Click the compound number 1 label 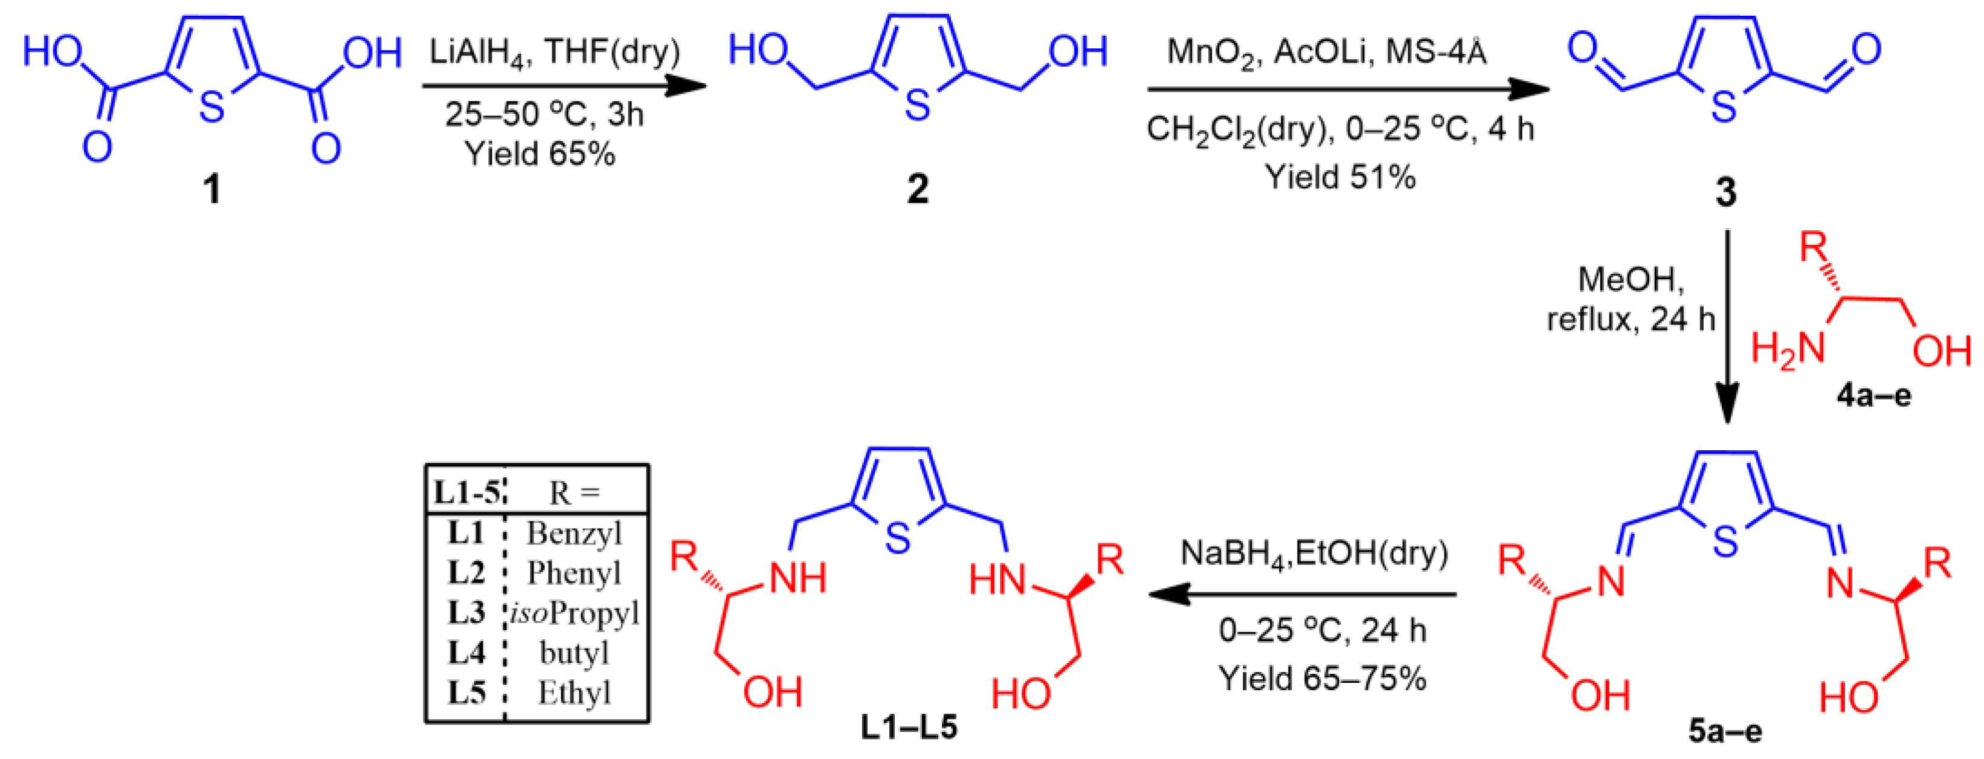point(212,189)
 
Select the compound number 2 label point(917,189)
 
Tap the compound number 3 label point(1726,192)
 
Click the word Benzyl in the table point(574,533)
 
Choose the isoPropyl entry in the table point(574,613)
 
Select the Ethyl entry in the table point(574,693)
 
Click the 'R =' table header point(574,493)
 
